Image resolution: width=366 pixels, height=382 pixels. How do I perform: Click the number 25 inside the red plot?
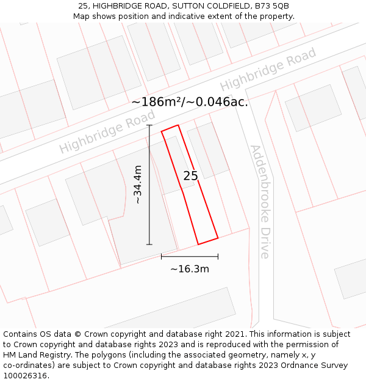coord(191,176)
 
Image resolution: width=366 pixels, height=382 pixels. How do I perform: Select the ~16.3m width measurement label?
coord(189,269)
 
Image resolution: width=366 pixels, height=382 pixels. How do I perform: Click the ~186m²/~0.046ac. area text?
coord(190,102)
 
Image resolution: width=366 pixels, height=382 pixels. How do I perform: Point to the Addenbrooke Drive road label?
coord(260,202)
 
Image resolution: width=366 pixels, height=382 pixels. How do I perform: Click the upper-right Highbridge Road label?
coord(268,69)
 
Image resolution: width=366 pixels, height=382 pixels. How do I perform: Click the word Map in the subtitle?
coord(82,17)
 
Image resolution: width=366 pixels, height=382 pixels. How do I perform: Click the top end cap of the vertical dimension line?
coord(149,125)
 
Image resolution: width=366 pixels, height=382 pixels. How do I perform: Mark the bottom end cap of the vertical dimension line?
coord(149,244)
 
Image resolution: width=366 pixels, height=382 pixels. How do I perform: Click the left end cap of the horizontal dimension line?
coord(161,257)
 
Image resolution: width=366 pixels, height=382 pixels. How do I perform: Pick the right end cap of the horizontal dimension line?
coord(218,257)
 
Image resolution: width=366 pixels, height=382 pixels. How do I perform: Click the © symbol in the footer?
coord(77,334)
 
